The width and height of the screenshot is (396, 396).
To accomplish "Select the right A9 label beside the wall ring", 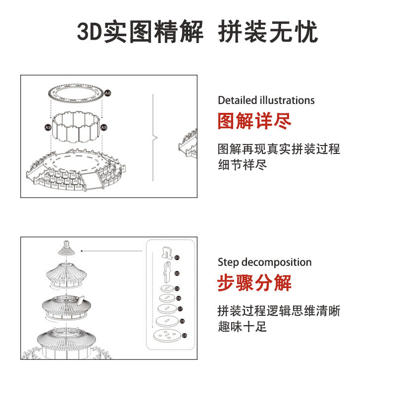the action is (104, 127).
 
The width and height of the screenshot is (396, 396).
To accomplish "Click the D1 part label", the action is (177, 257).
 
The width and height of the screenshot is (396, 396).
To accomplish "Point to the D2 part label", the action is (177, 273).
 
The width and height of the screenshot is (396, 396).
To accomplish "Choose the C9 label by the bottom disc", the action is (184, 336).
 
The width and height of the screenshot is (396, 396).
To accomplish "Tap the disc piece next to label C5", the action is (167, 288).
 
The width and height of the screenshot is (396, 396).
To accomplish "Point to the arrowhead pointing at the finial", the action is (82, 251).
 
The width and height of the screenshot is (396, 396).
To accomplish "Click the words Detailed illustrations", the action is (266, 100).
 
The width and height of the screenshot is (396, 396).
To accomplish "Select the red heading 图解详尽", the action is (254, 121).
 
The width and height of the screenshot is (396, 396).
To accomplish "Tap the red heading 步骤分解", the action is (254, 283).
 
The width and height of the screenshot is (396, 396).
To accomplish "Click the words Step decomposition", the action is (264, 262).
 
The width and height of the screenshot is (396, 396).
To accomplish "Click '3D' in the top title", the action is (90, 33).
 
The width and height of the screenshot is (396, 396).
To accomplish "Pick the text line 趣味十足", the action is (243, 327).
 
